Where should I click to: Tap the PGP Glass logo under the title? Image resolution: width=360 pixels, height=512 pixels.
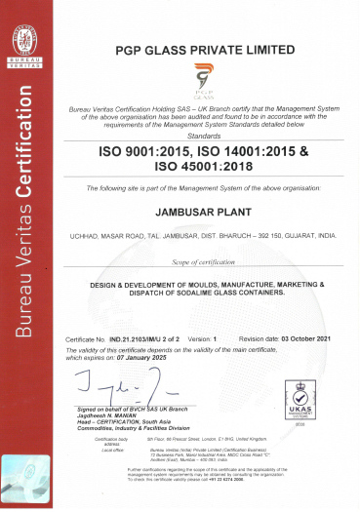pos(203,77)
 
